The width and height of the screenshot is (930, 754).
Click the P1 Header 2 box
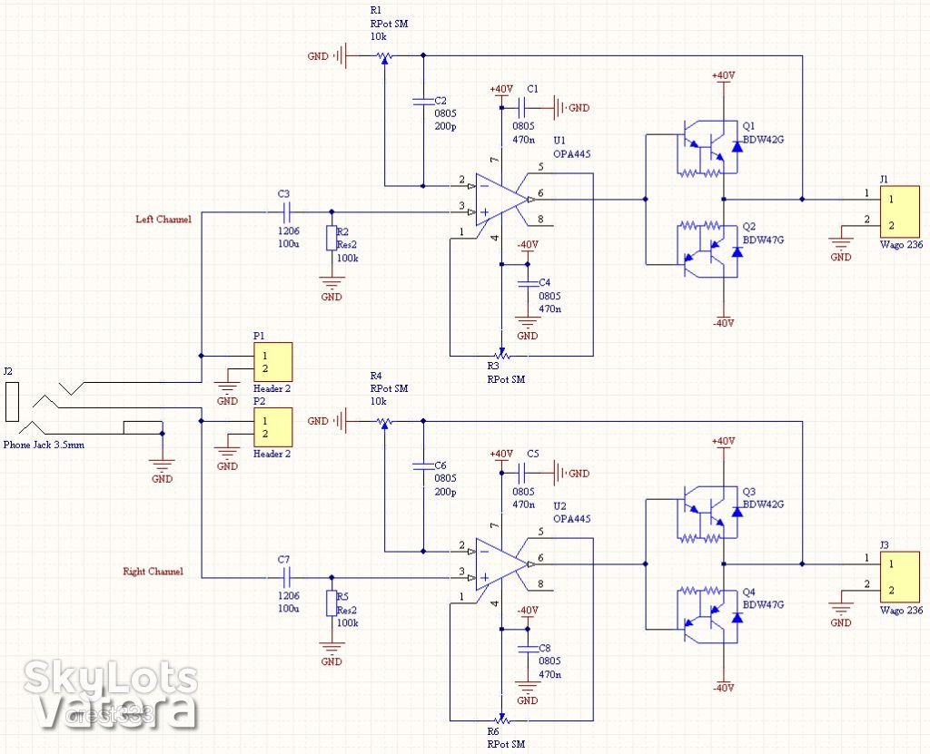[272, 362]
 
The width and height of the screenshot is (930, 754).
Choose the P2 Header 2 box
[272, 427]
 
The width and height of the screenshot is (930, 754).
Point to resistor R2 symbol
[331, 239]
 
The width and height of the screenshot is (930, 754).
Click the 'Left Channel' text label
[163, 219]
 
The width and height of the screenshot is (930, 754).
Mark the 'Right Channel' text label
[153, 572]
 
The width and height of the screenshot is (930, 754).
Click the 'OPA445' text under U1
[572, 154]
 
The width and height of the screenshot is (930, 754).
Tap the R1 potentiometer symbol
[384, 56]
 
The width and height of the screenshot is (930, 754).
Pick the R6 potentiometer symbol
[500, 719]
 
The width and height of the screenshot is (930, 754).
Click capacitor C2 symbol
[423, 101]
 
